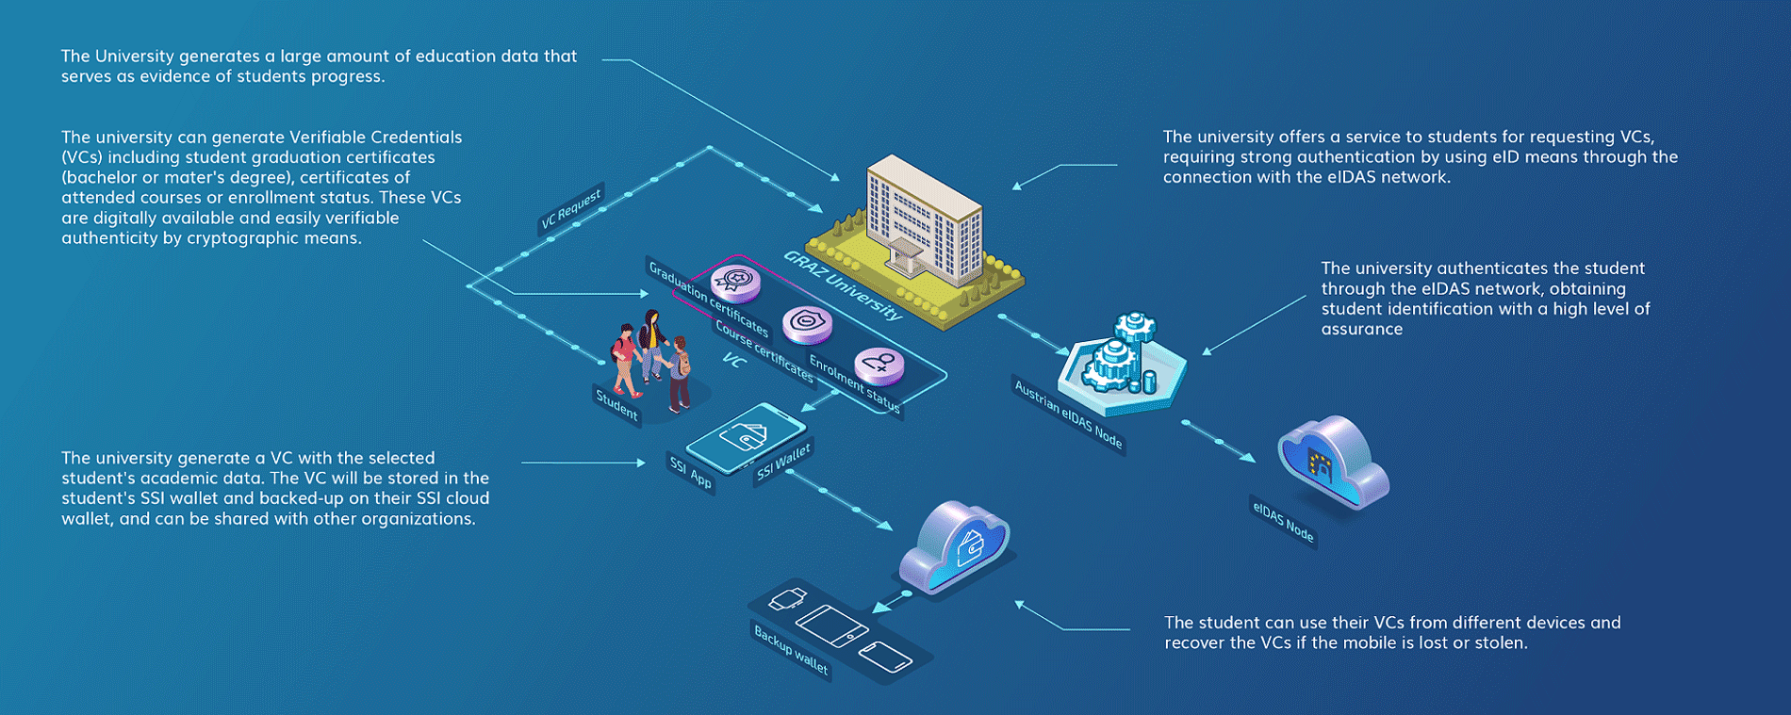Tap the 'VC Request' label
point(570,209)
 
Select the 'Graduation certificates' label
point(708,299)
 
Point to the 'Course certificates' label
point(764,350)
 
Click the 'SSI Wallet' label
point(783,462)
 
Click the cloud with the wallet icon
point(954,546)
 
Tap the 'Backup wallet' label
point(791,650)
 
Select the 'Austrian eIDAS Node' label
point(1068,414)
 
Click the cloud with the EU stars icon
point(1332,463)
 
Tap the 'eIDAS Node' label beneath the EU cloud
point(1282,521)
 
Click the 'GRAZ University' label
point(843,285)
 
